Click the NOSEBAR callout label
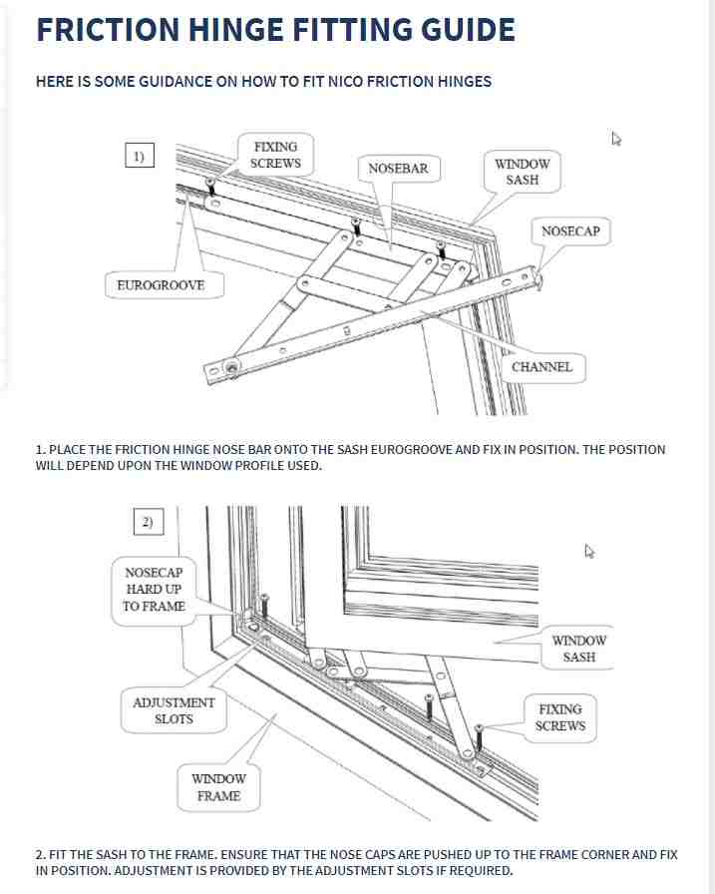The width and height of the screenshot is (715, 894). [x=398, y=169]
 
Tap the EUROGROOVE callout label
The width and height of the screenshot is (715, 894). [x=161, y=285]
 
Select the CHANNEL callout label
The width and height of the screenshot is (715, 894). [x=541, y=367]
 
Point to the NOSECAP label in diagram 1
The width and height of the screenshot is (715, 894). [x=570, y=231]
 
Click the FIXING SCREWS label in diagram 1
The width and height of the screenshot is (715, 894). [x=275, y=156]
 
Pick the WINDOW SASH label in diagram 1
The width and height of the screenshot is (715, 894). [x=522, y=172]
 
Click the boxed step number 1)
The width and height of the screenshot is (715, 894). [x=140, y=156]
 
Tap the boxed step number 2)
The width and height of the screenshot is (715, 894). [x=148, y=522]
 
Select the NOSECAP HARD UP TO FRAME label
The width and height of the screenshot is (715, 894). [x=154, y=590]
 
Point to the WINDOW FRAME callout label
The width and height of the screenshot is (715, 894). [x=218, y=787]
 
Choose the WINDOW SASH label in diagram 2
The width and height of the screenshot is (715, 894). [x=578, y=649]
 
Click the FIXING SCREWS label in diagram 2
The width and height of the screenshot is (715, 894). [x=560, y=717]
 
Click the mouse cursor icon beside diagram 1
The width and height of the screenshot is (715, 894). [x=616, y=140]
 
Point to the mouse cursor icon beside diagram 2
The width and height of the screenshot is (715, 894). [x=589, y=551]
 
